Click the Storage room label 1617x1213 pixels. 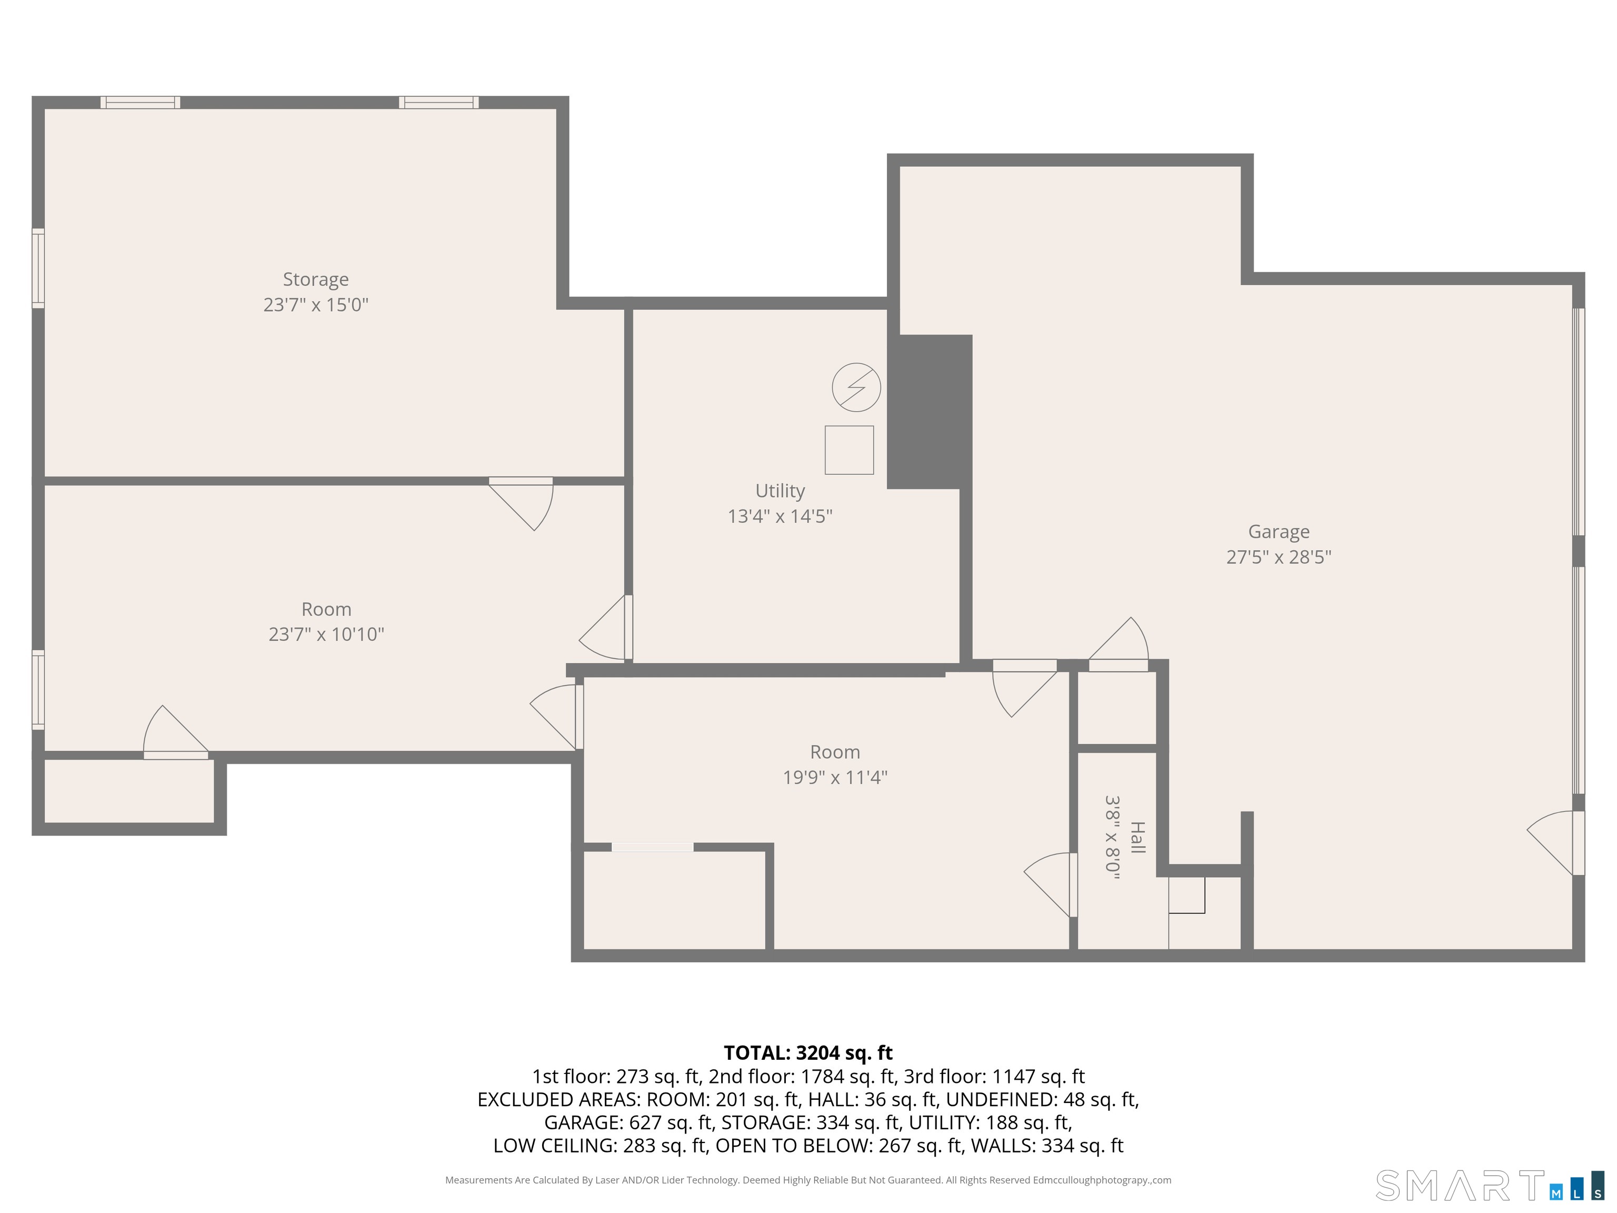tap(316, 280)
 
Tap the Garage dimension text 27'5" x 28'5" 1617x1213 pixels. tap(1279, 557)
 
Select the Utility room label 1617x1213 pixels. tap(780, 491)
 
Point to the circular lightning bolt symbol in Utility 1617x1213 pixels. tap(856, 387)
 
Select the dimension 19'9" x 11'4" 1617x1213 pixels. tap(835, 777)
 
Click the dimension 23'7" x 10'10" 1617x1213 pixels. tap(326, 634)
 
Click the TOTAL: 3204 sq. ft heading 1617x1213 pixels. tap(808, 1053)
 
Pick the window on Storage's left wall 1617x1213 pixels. tap(38, 269)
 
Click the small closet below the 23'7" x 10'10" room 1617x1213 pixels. tap(128, 791)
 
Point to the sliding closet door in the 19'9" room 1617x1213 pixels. tap(652, 848)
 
